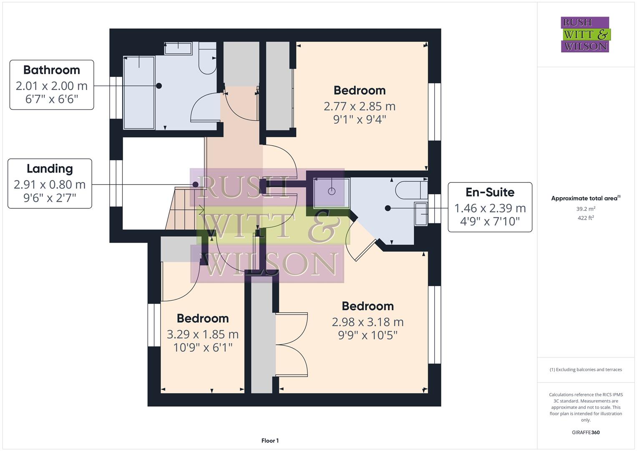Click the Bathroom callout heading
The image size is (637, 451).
point(51,70)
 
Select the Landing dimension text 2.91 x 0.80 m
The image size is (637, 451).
point(50,184)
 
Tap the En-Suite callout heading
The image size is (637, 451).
point(490,192)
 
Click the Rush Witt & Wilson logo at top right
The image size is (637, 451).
point(585,35)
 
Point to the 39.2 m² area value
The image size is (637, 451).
point(585,209)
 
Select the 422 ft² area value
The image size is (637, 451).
point(585,218)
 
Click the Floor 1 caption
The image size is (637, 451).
point(270,441)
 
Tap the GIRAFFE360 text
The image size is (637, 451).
point(585,432)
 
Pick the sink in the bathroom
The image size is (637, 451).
point(178,48)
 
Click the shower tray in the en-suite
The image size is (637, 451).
point(332,192)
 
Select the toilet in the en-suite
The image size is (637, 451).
point(411,190)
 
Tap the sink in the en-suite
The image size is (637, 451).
point(421,214)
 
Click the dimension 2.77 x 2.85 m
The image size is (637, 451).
point(359,106)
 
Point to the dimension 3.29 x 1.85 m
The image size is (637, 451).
point(202,334)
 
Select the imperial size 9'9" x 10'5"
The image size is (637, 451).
point(368,335)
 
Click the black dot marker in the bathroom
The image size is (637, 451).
point(159,86)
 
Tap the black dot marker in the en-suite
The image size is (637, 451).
point(388,208)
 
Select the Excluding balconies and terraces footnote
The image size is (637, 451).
point(585,370)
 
